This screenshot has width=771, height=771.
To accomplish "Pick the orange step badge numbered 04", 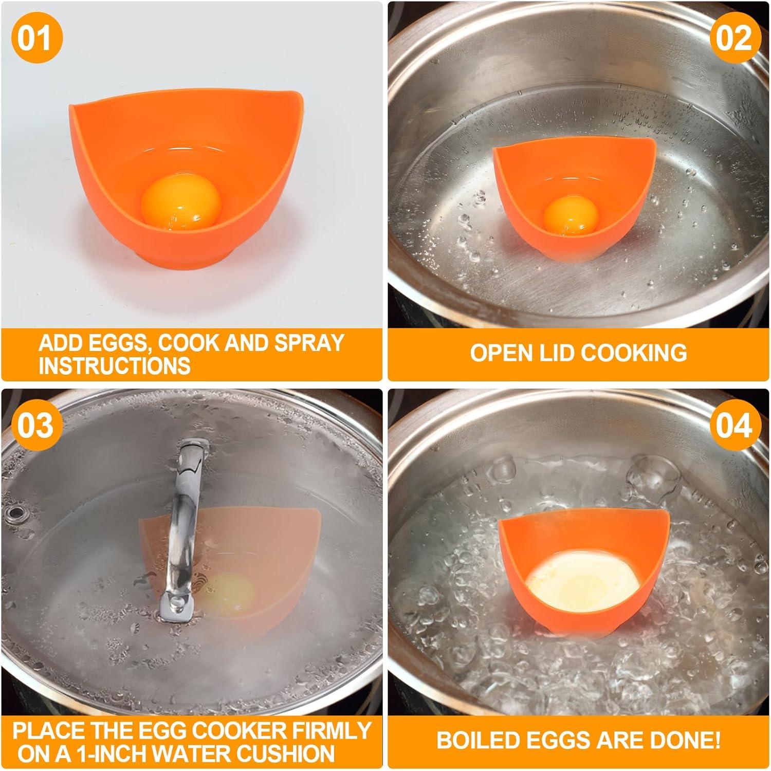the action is click(x=735, y=426).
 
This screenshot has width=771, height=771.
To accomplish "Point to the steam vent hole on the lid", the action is click(x=12, y=512).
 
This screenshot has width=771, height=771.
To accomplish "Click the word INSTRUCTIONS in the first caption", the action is click(x=114, y=366).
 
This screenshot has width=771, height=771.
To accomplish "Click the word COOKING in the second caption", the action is click(x=635, y=353).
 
